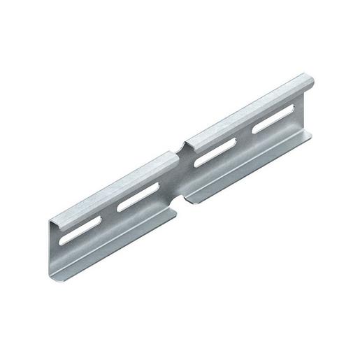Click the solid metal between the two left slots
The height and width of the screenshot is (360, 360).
pos(106,218)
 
